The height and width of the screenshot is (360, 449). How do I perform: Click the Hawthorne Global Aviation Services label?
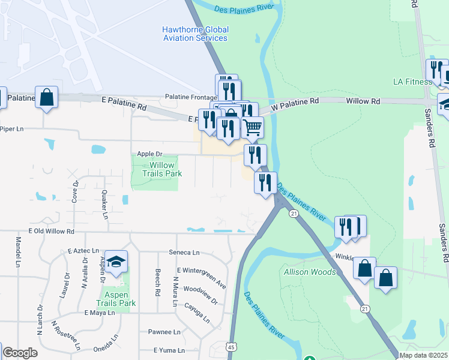[195, 34]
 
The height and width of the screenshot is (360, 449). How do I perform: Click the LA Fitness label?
[412, 82]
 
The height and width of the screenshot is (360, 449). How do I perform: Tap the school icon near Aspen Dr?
[116, 261]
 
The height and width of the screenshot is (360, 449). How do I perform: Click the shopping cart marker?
[253, 127]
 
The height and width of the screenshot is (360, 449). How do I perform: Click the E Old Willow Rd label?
[51, 231]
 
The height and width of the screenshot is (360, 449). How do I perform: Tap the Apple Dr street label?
[149, 154]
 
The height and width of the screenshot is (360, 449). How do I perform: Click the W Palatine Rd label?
[294, 103]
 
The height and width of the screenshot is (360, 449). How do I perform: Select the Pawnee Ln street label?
[164, 332]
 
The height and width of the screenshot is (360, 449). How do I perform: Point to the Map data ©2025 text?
[423, 355]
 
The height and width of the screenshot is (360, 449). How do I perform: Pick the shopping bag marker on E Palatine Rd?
[47, 97]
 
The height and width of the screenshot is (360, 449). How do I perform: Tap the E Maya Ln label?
[99, 313]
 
